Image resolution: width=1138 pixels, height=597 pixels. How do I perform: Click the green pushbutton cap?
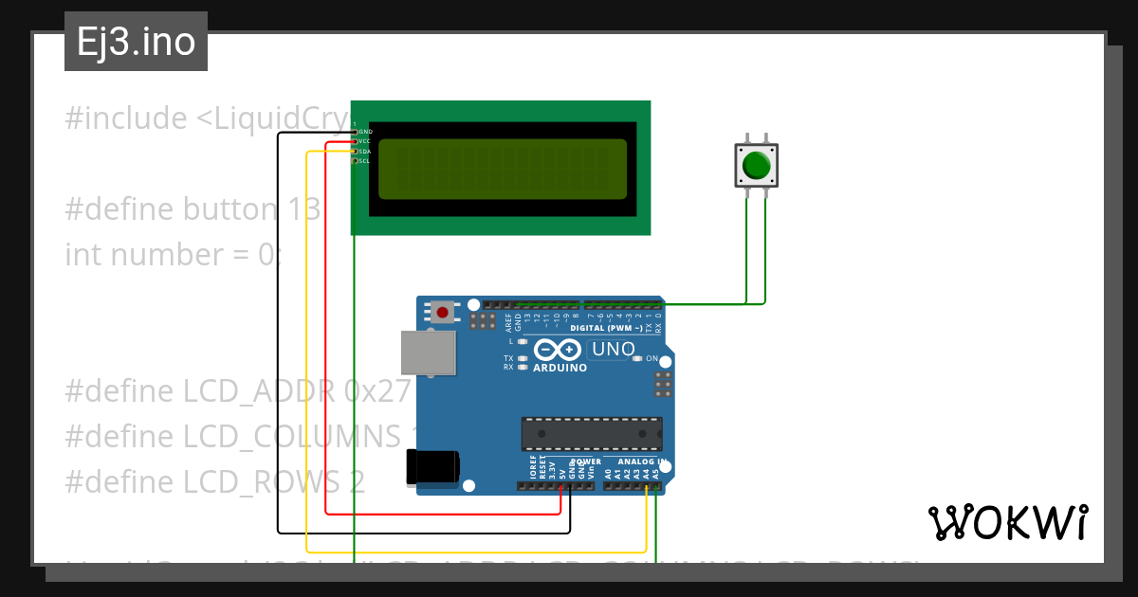(x=756, y=165)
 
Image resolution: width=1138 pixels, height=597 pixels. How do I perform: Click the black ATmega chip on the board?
(x=591, y=433)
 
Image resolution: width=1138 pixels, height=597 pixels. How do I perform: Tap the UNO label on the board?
(x=613, y=350)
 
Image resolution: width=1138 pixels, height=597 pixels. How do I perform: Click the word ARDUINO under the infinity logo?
(x=560, y=367)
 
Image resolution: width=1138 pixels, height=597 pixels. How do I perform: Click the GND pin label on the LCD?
(x=365, y=132)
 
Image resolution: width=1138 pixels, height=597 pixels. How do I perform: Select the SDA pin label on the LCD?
(x=364, y=151)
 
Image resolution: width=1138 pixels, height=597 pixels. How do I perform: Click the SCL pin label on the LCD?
(x=364, y=161)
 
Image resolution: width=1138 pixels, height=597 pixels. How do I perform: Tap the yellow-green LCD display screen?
(x=503, y=169)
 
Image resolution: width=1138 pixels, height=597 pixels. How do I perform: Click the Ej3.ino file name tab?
(x=136, y=42)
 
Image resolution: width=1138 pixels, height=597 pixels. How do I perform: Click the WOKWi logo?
(x=1007, y=522)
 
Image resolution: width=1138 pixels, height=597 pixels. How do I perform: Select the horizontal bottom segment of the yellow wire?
(x=474, y=552)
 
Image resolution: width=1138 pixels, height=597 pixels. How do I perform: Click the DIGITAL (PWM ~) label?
(x=606, y=328)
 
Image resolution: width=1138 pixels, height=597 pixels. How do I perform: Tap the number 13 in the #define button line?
(x=303, y=209)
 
